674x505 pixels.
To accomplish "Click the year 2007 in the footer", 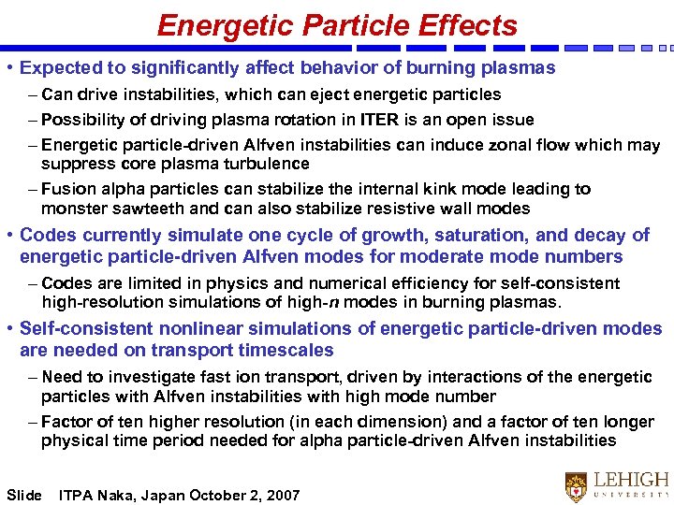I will tap(282, 495).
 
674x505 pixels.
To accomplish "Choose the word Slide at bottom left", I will tap(24, 495).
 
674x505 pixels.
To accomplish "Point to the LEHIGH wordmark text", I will tap(633, 479).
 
